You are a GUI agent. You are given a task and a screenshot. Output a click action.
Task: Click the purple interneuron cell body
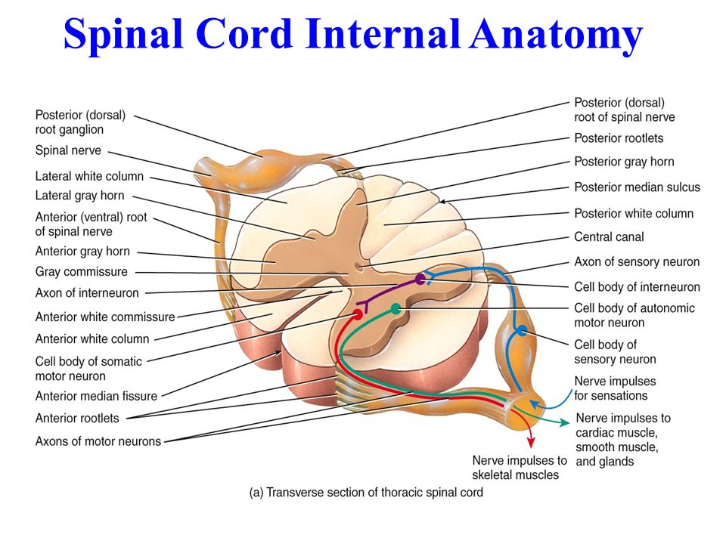420,279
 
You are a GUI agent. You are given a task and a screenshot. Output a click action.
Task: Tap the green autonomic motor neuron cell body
396,308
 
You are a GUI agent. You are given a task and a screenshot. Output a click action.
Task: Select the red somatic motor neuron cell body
357,314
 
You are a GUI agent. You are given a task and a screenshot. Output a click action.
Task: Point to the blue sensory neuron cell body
522,330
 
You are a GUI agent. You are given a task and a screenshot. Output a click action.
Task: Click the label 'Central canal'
609,236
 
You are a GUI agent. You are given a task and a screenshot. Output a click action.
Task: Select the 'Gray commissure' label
82,271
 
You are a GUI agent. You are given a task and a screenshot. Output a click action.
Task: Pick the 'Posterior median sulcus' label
637,187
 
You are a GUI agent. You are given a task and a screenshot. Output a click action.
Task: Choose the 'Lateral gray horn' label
79,196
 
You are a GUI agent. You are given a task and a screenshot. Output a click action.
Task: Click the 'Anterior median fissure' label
96,396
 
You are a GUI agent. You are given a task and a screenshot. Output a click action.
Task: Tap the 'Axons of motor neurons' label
98,441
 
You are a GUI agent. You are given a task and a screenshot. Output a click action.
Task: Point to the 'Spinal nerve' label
68,150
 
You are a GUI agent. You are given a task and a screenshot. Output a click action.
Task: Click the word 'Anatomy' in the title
556,35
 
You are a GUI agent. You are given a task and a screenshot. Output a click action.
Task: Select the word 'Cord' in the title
244,34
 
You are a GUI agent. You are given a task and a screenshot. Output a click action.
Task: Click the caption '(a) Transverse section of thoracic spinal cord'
366,492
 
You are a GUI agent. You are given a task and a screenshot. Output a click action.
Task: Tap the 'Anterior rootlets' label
77,418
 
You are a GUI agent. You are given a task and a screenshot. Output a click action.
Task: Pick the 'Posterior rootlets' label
619,138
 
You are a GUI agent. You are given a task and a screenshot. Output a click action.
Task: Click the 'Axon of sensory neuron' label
637,262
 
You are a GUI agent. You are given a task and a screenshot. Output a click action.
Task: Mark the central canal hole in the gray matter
358,267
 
